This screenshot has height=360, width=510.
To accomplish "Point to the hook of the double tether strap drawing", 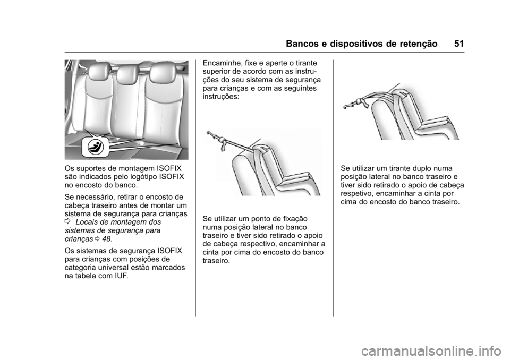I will coord(348,106).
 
